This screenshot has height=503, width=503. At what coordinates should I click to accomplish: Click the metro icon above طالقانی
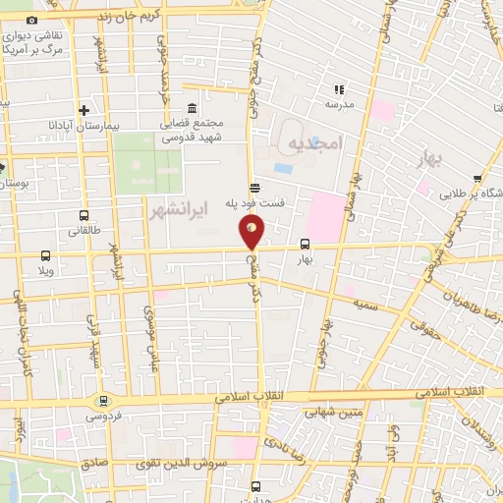pos(84,215)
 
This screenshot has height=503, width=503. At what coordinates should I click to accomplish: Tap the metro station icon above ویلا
pos(43,255)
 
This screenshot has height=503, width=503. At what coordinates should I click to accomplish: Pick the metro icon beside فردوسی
pos(102,401)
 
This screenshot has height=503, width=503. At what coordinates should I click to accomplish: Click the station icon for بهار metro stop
pos(305,245)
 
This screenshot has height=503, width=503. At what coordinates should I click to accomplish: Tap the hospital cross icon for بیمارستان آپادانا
pos(84,110)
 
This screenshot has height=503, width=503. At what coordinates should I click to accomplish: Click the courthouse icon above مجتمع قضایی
pos(191,107)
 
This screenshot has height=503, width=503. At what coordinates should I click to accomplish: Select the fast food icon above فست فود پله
pos(254,188)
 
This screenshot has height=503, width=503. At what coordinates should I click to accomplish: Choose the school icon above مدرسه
pos(340,88)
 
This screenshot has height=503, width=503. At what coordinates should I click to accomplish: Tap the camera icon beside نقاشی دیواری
pos(32,21)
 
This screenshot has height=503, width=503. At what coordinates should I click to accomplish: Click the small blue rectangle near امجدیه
pos(283,168)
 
